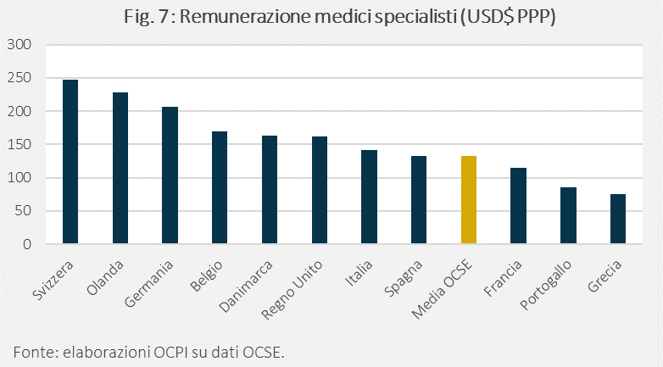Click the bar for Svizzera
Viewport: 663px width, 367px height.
70,162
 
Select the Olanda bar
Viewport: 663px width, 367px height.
120,169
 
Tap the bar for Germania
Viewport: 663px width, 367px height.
170,175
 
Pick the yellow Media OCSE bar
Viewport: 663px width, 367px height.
469,200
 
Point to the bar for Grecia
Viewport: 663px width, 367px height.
618,220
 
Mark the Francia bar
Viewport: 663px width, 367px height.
518,206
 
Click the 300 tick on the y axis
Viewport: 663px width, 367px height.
19,44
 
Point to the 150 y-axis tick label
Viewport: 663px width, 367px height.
19,144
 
